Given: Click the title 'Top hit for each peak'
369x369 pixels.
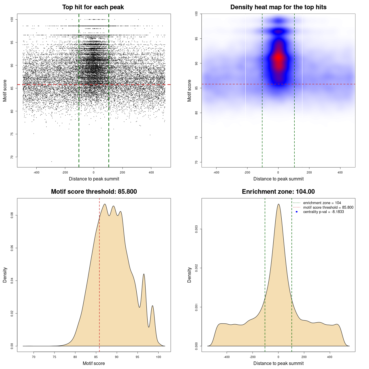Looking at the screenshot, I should pyautogui.click(x=93, y=7).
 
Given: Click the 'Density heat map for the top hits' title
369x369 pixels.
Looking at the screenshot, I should pyautogui.click(x=278, y=7).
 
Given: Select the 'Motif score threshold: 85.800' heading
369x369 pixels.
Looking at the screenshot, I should pyautogui.click(x=94, y=192).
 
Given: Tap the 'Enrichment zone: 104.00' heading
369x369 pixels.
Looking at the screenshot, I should pyautogui.click(x=278, y=192).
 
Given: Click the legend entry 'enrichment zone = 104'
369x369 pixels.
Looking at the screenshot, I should pyautogui.click(x=322, y=203).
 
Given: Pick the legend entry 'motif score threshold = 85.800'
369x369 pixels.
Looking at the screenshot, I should pyautogui.click(x=328, y=207).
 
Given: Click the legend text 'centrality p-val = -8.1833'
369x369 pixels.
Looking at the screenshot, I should pyautogui.click(x=323, y=212).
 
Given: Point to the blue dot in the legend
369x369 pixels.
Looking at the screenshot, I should pyautogui.click(x=297, y=212).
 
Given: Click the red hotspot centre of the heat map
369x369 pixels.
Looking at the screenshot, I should pyautogui.click(x=278, y=58).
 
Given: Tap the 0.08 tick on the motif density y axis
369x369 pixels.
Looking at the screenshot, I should pyautogui.click(x=12, y=215).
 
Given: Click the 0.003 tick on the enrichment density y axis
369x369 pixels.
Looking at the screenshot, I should pyautogui.click(x=196, y=229).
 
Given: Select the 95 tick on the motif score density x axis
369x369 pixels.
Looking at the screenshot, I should pyautogui.click(x=138, y=357).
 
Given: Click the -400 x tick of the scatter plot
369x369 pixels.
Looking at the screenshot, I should pyautogui.click(x=36, y=172).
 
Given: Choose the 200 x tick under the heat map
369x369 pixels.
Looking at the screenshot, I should pyautogui.click(x=309, y=172).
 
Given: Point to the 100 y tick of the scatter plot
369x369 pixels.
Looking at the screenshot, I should pyautogui.click(x=12, y=19).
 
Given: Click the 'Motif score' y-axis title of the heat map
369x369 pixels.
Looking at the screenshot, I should pyautogui.click(x=189, y=91).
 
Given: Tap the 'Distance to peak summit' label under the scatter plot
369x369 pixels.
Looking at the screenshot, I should pyautogui.click(x=94, y=179).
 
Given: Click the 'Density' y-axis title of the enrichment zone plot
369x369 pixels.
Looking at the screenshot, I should pyautogui.click(x=189, y=275).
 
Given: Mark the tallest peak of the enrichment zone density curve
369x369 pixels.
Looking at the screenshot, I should pyautogui.click(x=278, y=204).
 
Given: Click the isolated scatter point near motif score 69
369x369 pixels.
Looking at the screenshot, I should pyautogui.click(x=52, y=161).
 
